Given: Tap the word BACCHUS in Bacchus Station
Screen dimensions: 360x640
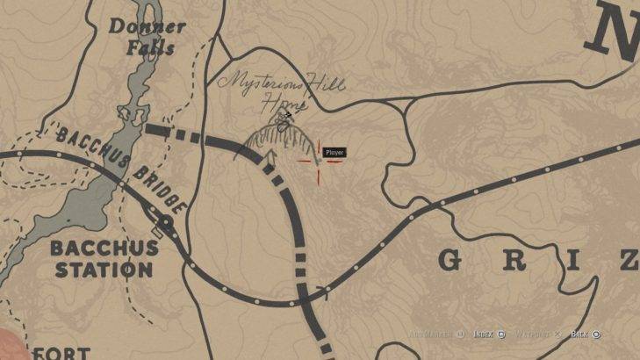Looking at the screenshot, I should [104, 248].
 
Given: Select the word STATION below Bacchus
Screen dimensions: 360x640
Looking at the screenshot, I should [104, 270].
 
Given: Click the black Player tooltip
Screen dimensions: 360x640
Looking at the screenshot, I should [334, 153].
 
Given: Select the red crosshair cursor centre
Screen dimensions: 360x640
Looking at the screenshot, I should [316, 162].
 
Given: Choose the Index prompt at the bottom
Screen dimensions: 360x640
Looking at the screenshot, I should [489, 335].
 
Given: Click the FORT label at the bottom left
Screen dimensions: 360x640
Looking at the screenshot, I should [61, 353].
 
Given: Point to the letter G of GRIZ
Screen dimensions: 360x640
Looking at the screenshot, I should [449, 261].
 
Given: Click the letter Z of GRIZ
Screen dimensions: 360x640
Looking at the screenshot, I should [626, 261].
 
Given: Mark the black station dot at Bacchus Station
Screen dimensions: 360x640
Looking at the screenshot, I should [165, 221].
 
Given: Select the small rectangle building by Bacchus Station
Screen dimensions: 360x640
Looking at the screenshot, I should [157, 232].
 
